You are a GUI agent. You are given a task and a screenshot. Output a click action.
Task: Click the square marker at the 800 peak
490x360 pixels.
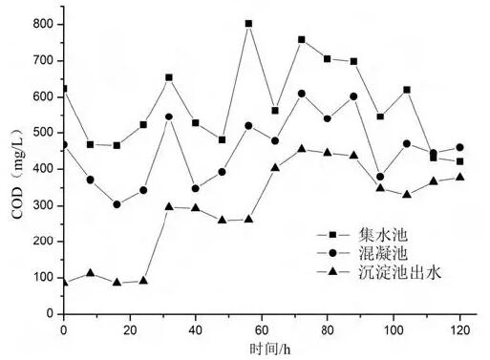coord(248,24)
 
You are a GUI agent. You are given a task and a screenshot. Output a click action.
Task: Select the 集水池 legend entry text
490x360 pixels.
coord(383,235)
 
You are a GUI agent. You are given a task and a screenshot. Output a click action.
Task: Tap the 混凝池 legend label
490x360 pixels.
coord(383,253)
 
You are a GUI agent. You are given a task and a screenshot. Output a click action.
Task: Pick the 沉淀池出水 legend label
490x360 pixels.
coord(400,272)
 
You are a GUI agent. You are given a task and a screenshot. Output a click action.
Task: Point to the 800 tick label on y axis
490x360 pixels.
coord(43,24)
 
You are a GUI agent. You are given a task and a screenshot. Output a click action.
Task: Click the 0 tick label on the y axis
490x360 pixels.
coord(50,313)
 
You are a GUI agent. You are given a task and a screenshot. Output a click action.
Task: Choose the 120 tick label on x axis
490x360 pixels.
coord(459,330)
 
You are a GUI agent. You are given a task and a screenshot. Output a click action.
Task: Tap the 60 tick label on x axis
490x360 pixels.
coord(262,330)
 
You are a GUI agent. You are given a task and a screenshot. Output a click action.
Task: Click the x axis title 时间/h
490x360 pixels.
coord(270,349)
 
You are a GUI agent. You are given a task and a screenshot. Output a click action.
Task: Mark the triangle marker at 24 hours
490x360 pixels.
coord(143,281)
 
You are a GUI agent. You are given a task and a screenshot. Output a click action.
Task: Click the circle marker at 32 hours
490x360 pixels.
coord(169,116)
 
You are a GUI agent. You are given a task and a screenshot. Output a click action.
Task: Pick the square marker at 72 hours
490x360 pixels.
coord(302,40)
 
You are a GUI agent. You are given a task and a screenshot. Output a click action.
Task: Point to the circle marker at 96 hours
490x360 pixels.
coord(380,177)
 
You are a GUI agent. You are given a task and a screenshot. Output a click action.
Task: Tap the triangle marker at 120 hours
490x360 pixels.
coord(459,177)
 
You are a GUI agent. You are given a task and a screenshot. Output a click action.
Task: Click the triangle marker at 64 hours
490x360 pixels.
coord(275,167)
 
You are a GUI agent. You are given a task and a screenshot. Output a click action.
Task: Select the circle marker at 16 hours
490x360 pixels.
coord(117,204)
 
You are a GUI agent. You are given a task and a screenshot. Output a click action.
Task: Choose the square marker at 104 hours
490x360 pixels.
coord(407,90)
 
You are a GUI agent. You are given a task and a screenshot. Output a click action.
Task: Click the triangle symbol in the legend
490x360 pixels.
coord(332,271)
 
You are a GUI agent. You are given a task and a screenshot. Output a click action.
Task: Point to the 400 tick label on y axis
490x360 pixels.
coord(43,169)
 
